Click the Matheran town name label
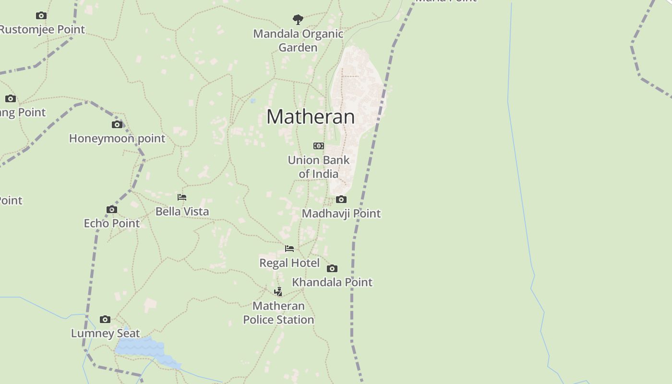tap(311, 117)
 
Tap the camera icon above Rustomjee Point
tap(41, 16)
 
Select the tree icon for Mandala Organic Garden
tap(298, 20)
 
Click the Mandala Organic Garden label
tap(298, 41)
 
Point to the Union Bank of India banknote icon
tap(319, 146)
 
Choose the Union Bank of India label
tap(319, 167)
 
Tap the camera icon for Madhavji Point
tap(341, 199)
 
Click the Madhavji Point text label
tap(341, 214)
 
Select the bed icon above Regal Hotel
tap(289, 249)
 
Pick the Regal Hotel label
tap(289, 263)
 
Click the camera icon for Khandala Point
tap(332, 268)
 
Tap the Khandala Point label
tap(332, 282)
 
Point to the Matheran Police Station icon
tap(278, 292)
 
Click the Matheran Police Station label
tap(278, 312)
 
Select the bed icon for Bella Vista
tap(182, 197)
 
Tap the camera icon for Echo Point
tap(112, 209)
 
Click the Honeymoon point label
tap(117, 139)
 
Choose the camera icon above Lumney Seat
tap(105, 319)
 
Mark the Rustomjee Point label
tap(42, 30)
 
